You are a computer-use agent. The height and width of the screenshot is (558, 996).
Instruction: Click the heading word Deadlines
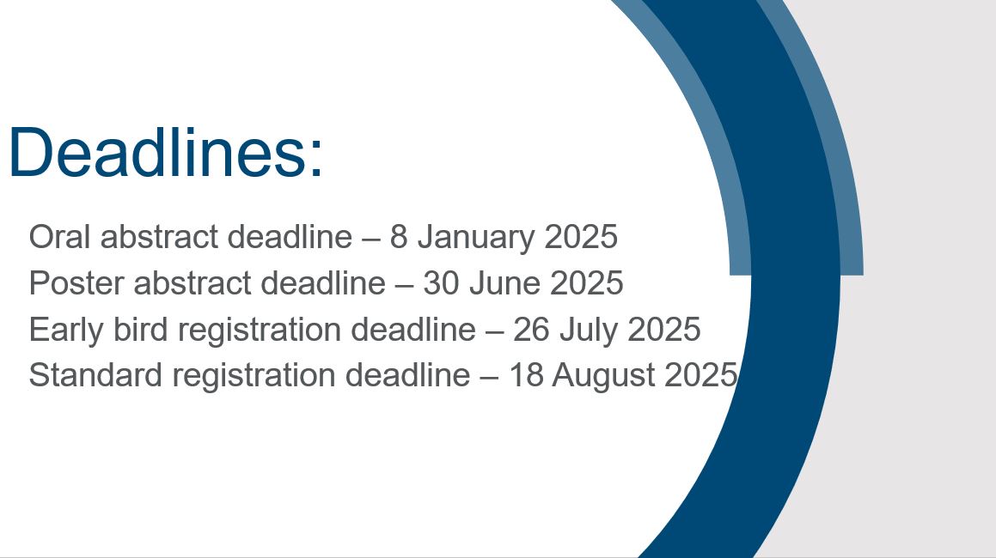click(x=158, y=152)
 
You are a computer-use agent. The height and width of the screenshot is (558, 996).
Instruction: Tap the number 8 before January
click(x=398, y=237)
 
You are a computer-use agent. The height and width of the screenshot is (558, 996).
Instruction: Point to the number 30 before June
click(x=441, y=283)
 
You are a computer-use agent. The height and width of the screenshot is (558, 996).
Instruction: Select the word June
click(x=504, y=283)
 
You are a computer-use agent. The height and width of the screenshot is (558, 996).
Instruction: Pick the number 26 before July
click(x=531, y=331)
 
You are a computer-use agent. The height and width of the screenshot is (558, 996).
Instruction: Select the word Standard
click(x=95, y=374)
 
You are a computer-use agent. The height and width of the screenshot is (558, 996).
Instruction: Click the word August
click(x=603, y=375)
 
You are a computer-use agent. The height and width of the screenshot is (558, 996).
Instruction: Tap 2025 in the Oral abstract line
click(x=581, y=237)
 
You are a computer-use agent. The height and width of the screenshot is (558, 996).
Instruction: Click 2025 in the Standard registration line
click(x=700, y=374)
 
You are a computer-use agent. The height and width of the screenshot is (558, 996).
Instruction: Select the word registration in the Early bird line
click(x=260, y=331)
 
